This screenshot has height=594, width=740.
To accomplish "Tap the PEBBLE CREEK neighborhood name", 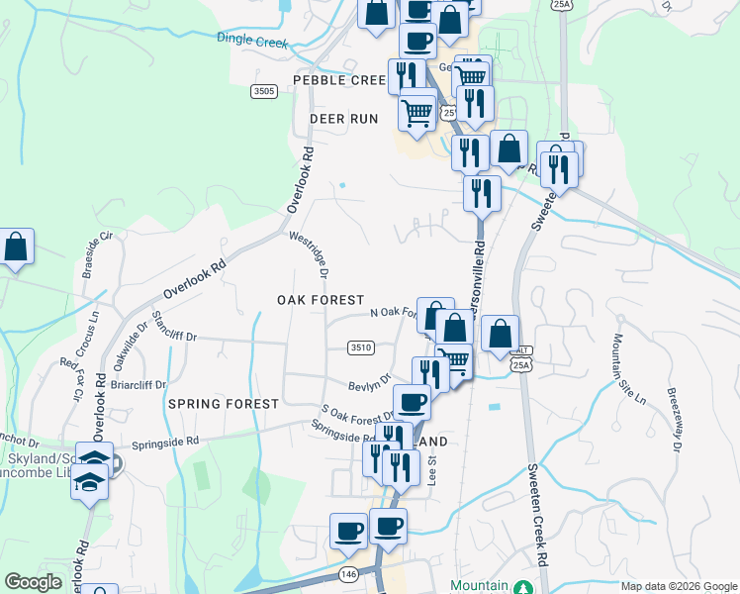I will [x=337, y=80].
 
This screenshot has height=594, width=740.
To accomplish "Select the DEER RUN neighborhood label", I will [x=343, y=119].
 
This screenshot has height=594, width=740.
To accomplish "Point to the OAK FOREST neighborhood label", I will [x=321, y=300].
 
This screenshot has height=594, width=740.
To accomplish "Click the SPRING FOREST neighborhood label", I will [x=224, y=404].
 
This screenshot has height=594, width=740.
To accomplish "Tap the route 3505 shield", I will [x=264, y=91].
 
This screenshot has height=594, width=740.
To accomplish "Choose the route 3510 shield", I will [x=360, y=346].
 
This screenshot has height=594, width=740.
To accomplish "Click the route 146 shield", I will [x=347, y=574].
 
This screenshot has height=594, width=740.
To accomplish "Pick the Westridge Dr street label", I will [x=309, y=254].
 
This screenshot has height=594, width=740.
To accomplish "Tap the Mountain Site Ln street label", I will [x=627, y=369].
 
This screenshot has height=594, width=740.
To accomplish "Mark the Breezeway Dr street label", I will [x=673, y=419].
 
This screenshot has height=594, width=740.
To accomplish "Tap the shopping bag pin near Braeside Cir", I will [x=16, y=247].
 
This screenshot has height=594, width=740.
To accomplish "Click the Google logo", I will [x=33, y=582].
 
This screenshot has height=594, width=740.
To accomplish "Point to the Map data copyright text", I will [x=679, y=586].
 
